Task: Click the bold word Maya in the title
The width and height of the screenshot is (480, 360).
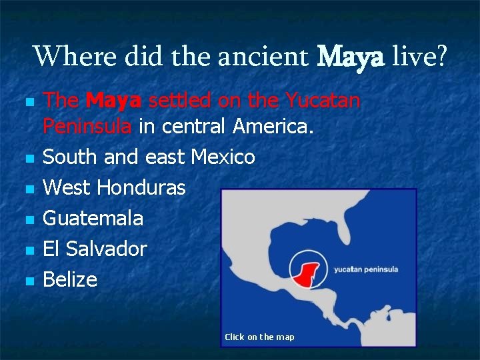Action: coord(351,57)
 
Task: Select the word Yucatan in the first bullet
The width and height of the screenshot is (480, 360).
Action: coord(323,101)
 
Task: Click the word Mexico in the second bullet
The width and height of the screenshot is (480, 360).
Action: coord(223,157)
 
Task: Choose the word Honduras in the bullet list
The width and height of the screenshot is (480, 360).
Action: coord(141,188)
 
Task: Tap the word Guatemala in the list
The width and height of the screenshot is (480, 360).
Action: coord(93,219)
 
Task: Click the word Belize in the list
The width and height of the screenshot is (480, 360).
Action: coord(70,279)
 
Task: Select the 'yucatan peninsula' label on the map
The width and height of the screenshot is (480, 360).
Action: coord(365,269)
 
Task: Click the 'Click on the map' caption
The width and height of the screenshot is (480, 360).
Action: coord(259,337)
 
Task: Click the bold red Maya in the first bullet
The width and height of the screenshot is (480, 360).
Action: coord(113,101)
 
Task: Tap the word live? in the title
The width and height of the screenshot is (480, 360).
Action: coord(420,57)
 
